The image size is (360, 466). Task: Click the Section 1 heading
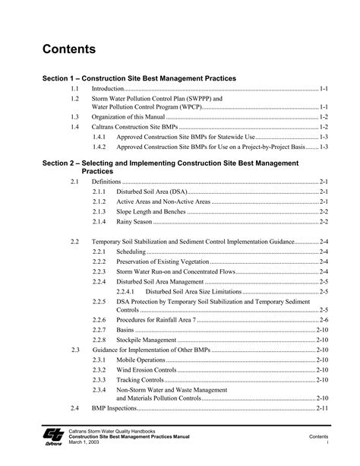point(139,78)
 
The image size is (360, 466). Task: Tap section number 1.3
point(74,118)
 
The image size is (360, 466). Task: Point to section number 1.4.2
point(100,146)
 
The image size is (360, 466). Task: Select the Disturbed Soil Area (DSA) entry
point(149,193)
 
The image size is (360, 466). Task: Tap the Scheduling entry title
point(131,251)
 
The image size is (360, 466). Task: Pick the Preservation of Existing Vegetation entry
point(163,261)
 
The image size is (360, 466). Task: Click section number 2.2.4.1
point(127,290)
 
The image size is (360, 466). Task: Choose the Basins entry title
point(125,331)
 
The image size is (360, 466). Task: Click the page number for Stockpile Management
point(322,341)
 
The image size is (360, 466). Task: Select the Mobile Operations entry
point(141,359)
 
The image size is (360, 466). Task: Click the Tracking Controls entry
point(140,379)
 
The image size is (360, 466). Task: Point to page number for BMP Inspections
point(322,408)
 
